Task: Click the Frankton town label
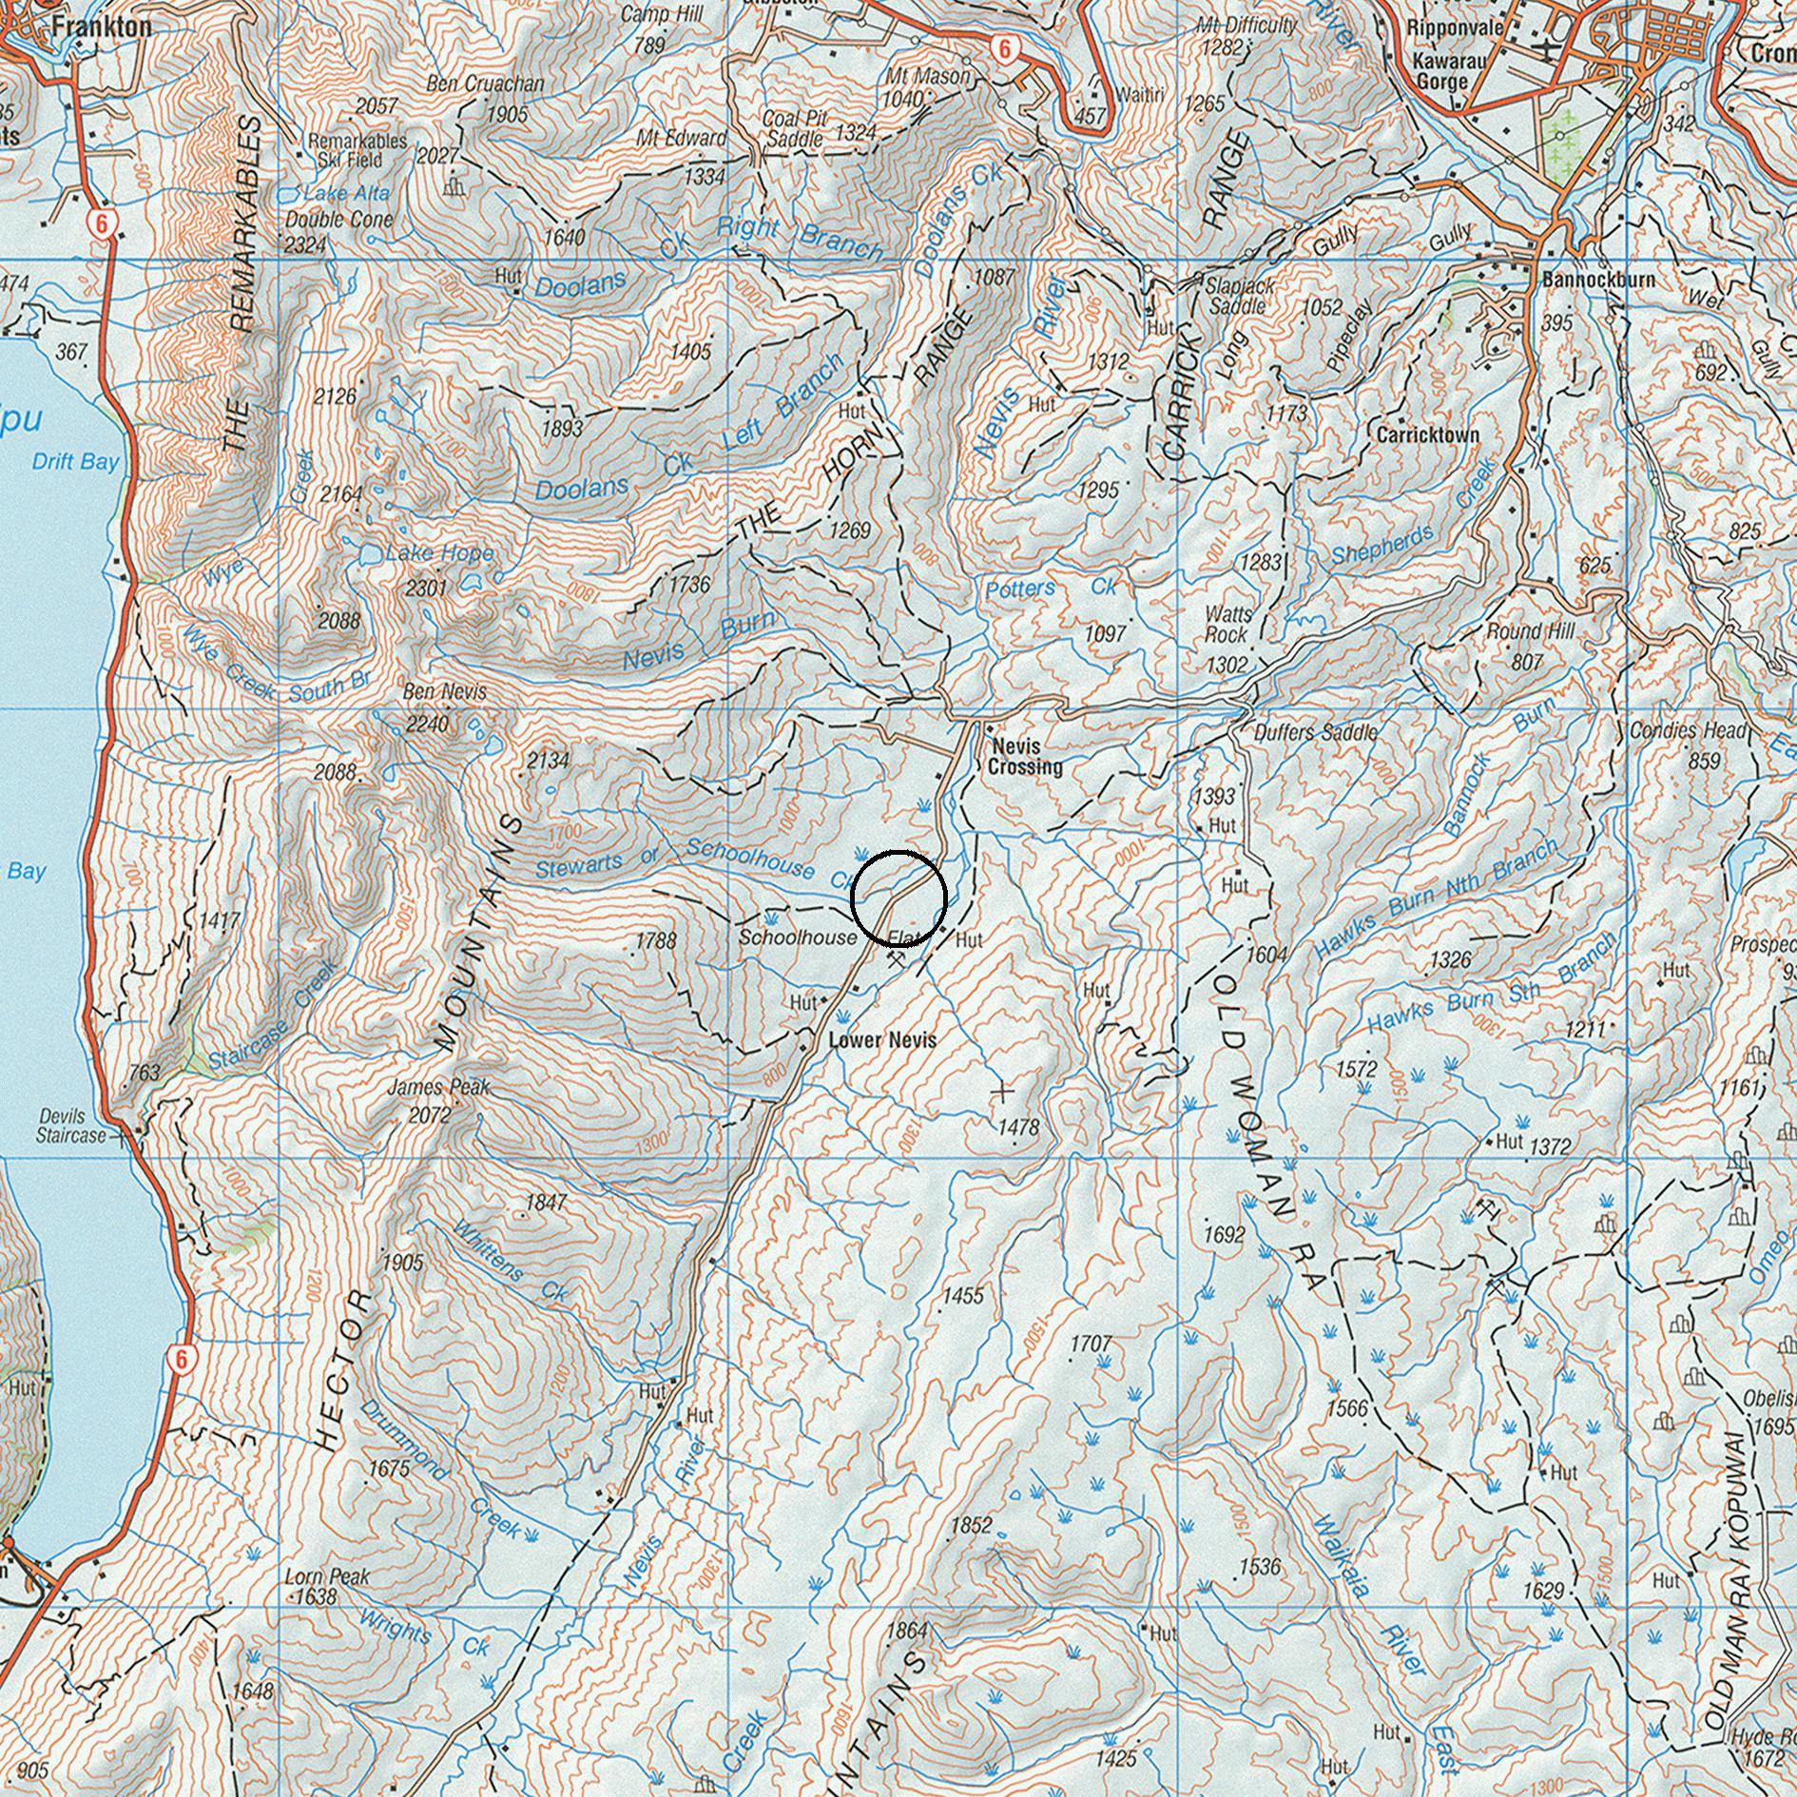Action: (x=102, y=27)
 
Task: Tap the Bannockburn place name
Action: (x=1598, y=280)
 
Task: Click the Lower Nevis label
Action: (x=882, y=1040)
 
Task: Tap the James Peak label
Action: (x=438, y=1087)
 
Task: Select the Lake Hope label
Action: (x=439, y=553)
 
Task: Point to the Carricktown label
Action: (x=1428, y=435)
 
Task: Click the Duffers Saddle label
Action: (x=1316, y=733)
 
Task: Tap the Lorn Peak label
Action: (x=327, y=1576)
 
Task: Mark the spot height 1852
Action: (x=971, y=1526)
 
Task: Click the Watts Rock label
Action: (x=1228, y=624)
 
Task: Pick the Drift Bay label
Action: (x=75, y=462)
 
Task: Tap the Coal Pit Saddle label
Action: (x=796, y=128)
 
